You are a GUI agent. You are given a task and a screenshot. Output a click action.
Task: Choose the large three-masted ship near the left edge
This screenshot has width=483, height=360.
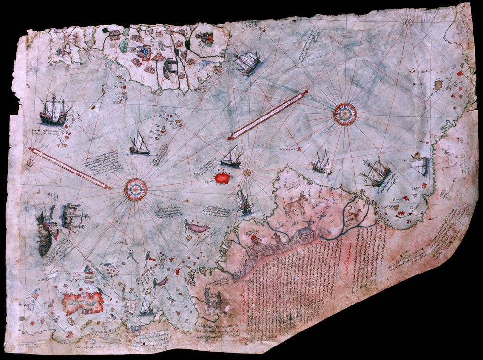click(54, 110)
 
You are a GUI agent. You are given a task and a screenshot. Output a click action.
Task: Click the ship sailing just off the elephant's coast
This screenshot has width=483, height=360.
click(246, 63)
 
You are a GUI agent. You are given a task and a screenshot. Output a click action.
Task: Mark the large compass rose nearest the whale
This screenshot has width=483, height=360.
click(136, 189)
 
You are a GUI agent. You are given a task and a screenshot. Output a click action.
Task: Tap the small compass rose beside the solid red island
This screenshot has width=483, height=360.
click(247, 172)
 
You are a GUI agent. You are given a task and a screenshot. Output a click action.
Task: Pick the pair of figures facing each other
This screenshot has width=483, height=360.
click(213, 300)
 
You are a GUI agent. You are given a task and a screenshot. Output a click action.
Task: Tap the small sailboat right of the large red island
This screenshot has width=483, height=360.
click(145, 307)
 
